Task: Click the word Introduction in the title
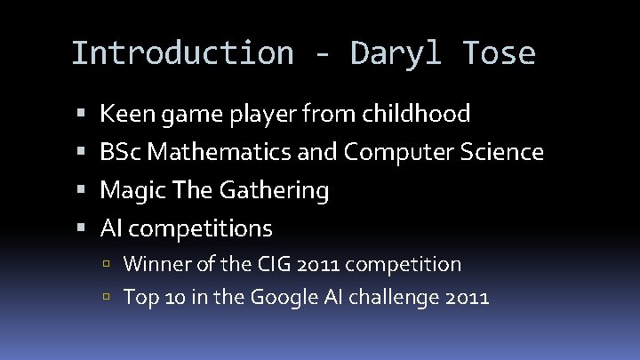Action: (181, 54)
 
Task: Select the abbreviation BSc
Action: (121, 152)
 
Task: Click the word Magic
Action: (126, 190)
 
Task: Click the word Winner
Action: (154, 264)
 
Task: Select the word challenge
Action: (395, 297)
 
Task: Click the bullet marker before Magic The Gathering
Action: (81, 190)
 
